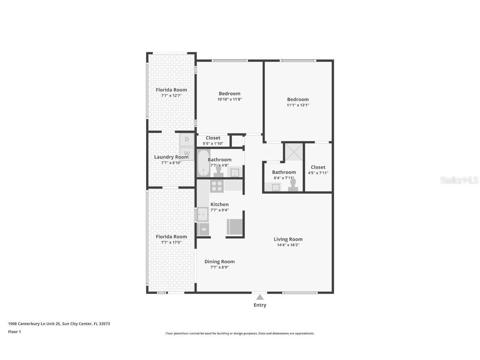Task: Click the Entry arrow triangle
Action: tap(260, 297)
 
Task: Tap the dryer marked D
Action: tap(187, 139)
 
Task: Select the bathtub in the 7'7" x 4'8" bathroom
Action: tap(203, 163)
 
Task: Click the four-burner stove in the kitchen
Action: tap(217, 186)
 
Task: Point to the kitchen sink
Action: tap(202, 214)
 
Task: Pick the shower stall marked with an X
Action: tap(294, 152)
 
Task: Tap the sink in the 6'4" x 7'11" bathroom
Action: tap(276, 187)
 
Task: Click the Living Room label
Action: tap(288, 239)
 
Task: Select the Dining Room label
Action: tap(219, 262)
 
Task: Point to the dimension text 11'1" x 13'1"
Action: tap(298, 105)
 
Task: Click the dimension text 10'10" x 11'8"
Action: tap(230, 100)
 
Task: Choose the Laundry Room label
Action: tap(171, 157)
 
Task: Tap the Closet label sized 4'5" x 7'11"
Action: tap(318, 167)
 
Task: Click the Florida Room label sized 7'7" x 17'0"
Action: tap(171, 237)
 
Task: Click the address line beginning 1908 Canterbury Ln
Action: tap(59, 324)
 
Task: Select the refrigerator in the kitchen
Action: tap(235, 227)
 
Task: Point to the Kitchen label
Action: tap(219, 204)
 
